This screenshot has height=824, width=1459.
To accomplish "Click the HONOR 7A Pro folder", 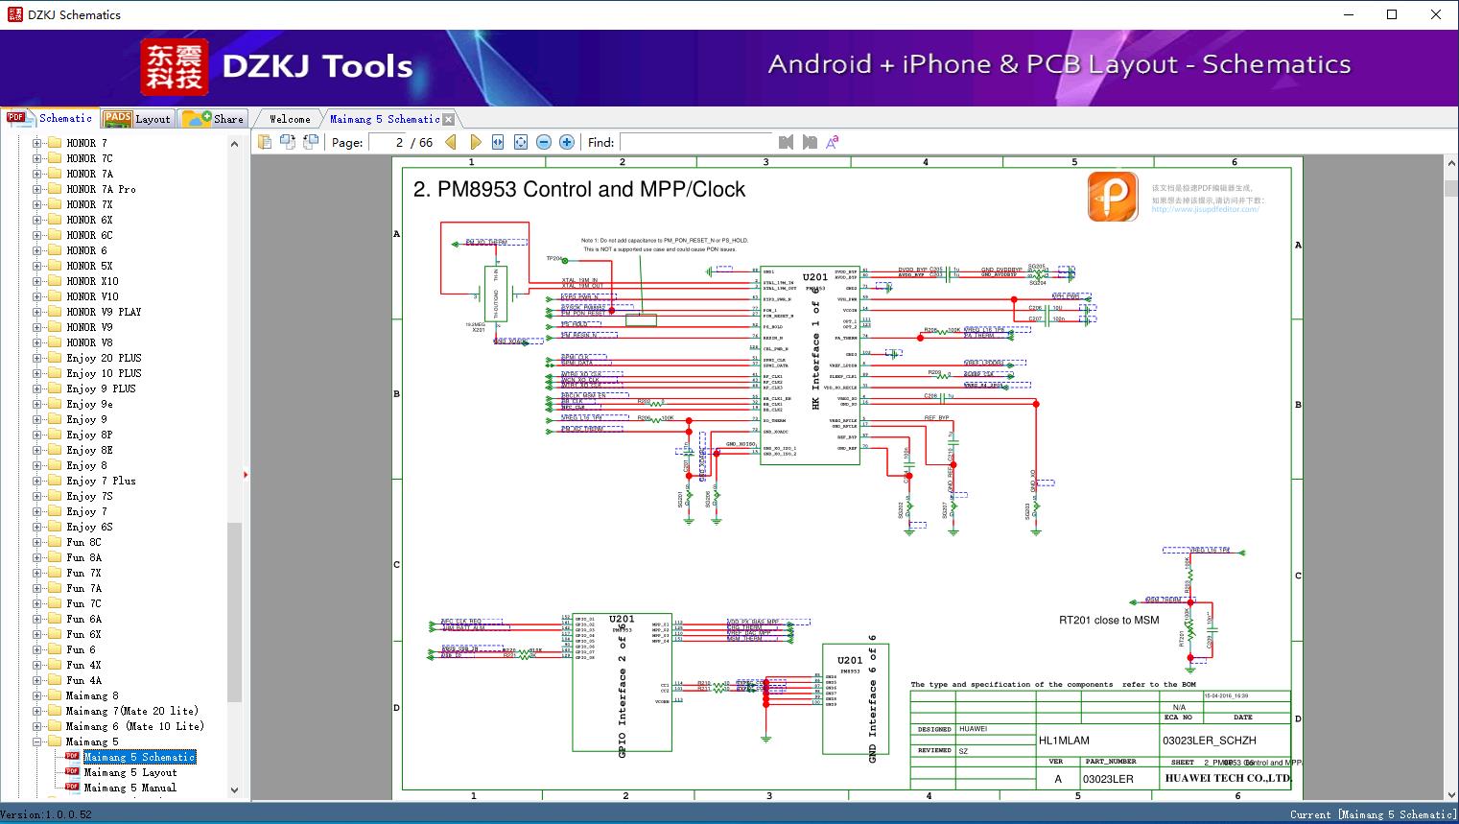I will (101, 189).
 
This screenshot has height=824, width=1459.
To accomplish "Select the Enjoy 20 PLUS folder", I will (104, 358).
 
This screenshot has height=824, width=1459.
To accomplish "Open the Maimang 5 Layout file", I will (129, 772).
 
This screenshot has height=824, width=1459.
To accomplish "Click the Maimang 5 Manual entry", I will (129, 788).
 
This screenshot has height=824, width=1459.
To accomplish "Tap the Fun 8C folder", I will (83, 542).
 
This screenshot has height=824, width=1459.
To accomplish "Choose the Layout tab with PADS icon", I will (137, 119).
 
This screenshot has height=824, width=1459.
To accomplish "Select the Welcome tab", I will (290, 119).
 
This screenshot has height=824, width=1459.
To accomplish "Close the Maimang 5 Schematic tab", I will (448, 119).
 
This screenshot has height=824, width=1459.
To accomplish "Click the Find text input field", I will (694, 142).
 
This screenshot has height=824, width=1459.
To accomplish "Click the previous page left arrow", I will (451, 142).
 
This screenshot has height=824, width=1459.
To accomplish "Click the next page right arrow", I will (475, 142).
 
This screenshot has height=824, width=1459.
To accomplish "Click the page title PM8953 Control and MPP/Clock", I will (579, 189).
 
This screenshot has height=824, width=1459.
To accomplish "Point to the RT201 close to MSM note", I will (1109, 620).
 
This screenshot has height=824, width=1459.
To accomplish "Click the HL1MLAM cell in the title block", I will (1064, 741).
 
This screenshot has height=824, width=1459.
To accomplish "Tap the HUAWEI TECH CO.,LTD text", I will (1227, 778).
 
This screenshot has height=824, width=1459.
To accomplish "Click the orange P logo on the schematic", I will (1113, 197).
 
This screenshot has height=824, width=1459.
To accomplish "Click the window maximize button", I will (1392, 14).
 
